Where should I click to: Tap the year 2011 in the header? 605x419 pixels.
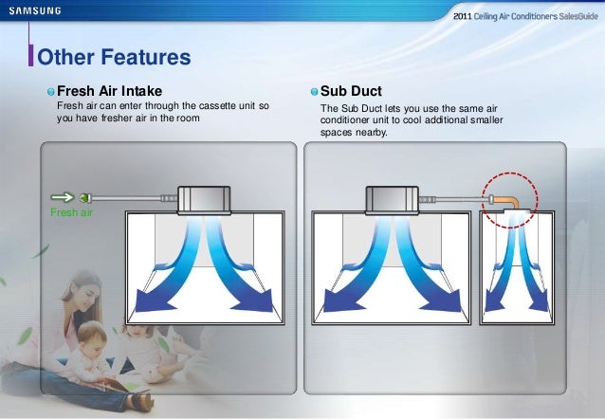tap(465, 17)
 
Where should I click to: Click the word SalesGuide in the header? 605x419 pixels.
tap(573, 17)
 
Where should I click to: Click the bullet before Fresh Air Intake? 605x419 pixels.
tap(50, 92)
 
